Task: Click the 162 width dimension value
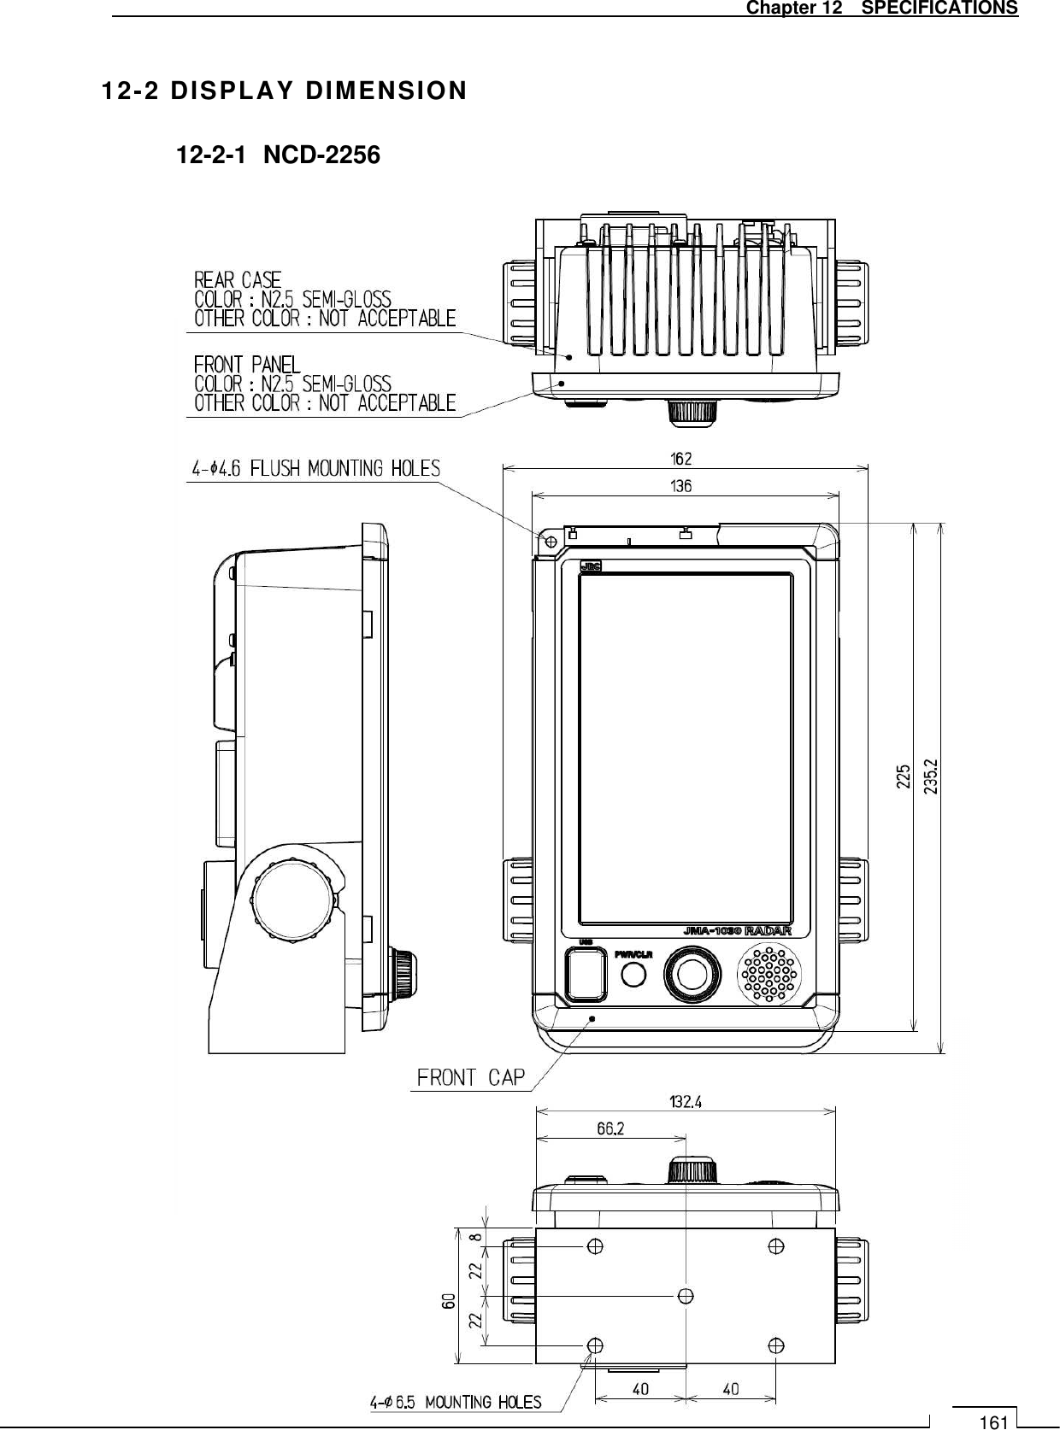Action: [x=680, y=458]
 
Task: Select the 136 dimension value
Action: [x=680, y=486]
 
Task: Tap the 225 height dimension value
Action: [x=904, y=776]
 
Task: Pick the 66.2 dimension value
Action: [x=609, y=1128]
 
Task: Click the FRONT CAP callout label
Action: [x=470, y=1077]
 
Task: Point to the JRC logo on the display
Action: [x=591, y=566]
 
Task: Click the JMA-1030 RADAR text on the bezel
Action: [x=736, y=931]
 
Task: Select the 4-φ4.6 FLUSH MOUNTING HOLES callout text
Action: [x=316, y=468]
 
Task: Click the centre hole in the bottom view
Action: [x=685, y=1296]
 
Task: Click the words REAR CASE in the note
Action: [x=238, y=279]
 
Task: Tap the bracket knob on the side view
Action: [x=292, y=899]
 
